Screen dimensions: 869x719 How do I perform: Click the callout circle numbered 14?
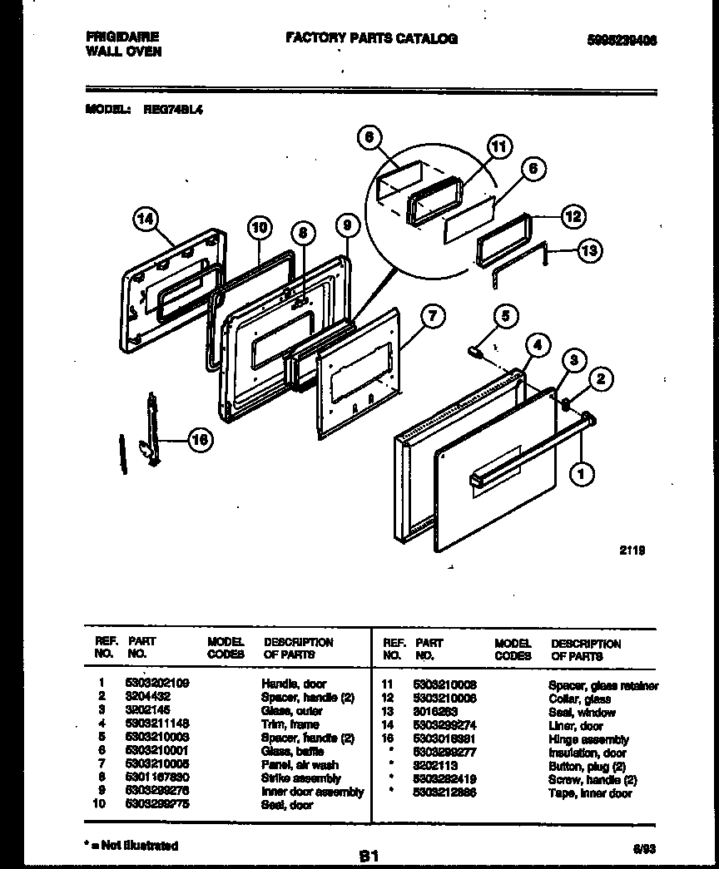click(x=145, y=220)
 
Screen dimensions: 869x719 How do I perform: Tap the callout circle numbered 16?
click(x=199, y=440)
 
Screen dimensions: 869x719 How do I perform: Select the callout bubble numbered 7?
click(x=432, y=316)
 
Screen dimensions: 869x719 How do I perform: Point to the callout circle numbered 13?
click(x=589, y=250)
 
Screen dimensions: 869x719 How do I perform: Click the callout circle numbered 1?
click(x=582, y=474)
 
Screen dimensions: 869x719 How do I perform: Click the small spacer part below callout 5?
click(x=478, y=352)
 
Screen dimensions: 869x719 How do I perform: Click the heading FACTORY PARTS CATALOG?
click(x=371, y=38)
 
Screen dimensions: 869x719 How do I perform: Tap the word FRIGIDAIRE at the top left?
click(x=122, y=37)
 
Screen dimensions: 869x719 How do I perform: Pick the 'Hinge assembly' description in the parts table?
click(x=588, y=739)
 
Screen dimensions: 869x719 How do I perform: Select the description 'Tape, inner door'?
click(x=590, y=793)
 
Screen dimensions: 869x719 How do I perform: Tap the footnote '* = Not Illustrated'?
click(x=131, y=846)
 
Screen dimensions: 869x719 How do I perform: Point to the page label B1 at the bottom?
click(x=369, y=855)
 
